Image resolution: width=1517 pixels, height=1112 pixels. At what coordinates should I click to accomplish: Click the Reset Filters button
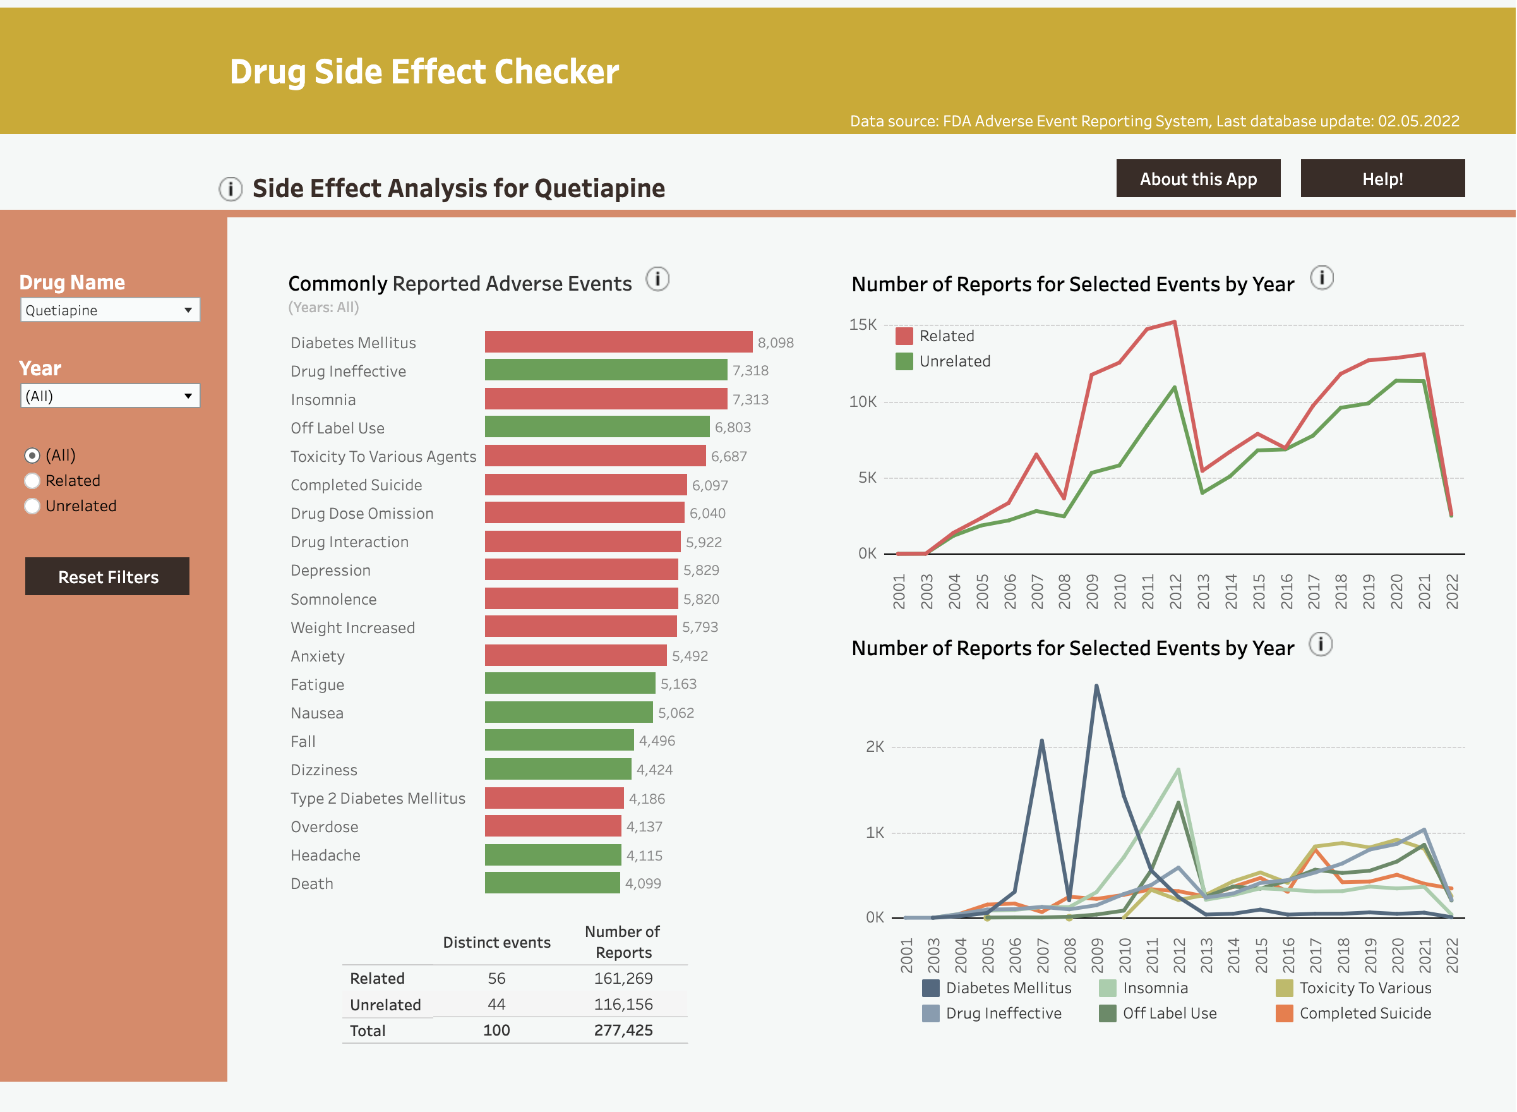[x=107, y=576]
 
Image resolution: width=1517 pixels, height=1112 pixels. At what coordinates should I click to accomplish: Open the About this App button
[x=1197, y=178]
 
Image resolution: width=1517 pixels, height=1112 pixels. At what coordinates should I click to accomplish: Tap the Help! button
[x=1382, y=178]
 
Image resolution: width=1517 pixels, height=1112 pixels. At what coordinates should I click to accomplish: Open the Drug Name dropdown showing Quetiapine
[x=110, y=310]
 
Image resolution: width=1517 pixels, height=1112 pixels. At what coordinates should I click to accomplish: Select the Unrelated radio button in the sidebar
[x=32, y=505]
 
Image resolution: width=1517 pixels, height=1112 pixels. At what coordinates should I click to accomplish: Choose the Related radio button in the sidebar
[x=32, y=481]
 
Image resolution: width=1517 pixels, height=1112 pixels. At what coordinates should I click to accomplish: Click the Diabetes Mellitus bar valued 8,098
[x=618, y=342]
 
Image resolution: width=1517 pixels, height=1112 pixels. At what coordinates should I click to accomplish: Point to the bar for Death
[x=551, y=883]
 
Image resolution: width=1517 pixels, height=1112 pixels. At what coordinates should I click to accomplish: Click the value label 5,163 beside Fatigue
[x=678, y=684]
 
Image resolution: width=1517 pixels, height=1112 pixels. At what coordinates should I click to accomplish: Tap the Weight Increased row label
[x=352, y=627]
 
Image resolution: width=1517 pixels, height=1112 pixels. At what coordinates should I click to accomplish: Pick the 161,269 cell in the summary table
[x=623, y=978]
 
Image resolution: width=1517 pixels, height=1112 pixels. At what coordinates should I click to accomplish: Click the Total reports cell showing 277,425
[x=623, y=1030]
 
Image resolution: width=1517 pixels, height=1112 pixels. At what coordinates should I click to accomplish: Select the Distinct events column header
[x=496, y=943]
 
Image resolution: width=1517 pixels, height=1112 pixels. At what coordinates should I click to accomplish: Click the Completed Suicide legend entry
[x=1364, y=1013]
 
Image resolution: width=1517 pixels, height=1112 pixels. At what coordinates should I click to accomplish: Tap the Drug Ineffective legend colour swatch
[x=930, y=1013]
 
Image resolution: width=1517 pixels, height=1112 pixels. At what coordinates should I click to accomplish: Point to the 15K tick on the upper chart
[x=863, y=325]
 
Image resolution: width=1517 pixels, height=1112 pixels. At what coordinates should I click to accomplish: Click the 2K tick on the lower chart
[x=875, y=747]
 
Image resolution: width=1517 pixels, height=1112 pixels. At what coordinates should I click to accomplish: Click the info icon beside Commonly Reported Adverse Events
[x=657, y=279]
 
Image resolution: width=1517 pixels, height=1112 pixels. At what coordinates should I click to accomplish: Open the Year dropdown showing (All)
[x=110, y=396]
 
